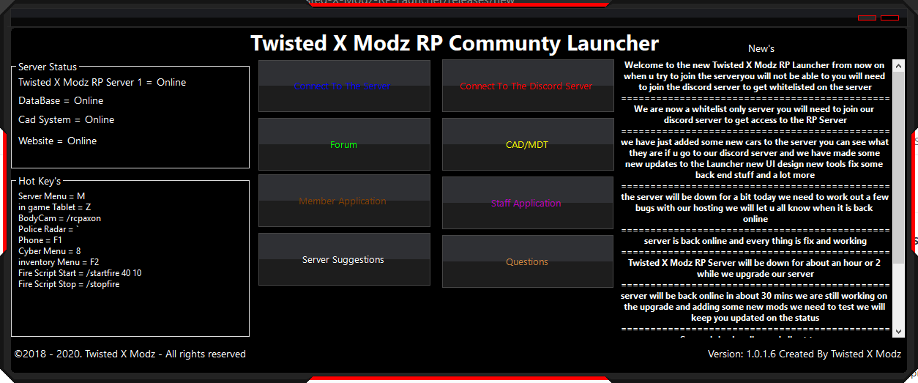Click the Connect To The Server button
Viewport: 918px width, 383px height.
[x=343, y=86]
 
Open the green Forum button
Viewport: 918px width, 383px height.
[x=343, y=145]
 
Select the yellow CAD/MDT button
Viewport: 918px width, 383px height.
[x=527, y=145]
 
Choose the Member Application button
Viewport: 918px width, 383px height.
[x=343, y=201]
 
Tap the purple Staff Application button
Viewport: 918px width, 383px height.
[x=527, y=204]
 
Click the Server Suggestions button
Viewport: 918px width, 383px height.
[x=343, y=260]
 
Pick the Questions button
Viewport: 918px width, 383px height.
[x=527, y=262]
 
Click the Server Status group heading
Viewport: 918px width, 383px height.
[x=48, y=67]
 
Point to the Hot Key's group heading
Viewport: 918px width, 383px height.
[x=40, y=181]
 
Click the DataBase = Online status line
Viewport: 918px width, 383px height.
[x=61, y=100]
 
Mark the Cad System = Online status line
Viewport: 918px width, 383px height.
[x=67, y=119]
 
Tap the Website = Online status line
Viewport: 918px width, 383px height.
[x=58, y=141]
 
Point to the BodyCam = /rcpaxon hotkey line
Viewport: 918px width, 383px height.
[x=60, y=218]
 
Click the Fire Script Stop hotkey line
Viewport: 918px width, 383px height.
[x=69, y=284]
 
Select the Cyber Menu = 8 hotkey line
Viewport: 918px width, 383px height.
[x=50, y=251]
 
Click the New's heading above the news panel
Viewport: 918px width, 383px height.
[x=761, y=48]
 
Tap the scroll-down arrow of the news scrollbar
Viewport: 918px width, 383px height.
[x=899, y=331]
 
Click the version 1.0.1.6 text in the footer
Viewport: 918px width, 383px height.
[x=805, y=354]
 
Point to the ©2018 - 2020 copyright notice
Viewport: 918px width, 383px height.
[x=130, y=354]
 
